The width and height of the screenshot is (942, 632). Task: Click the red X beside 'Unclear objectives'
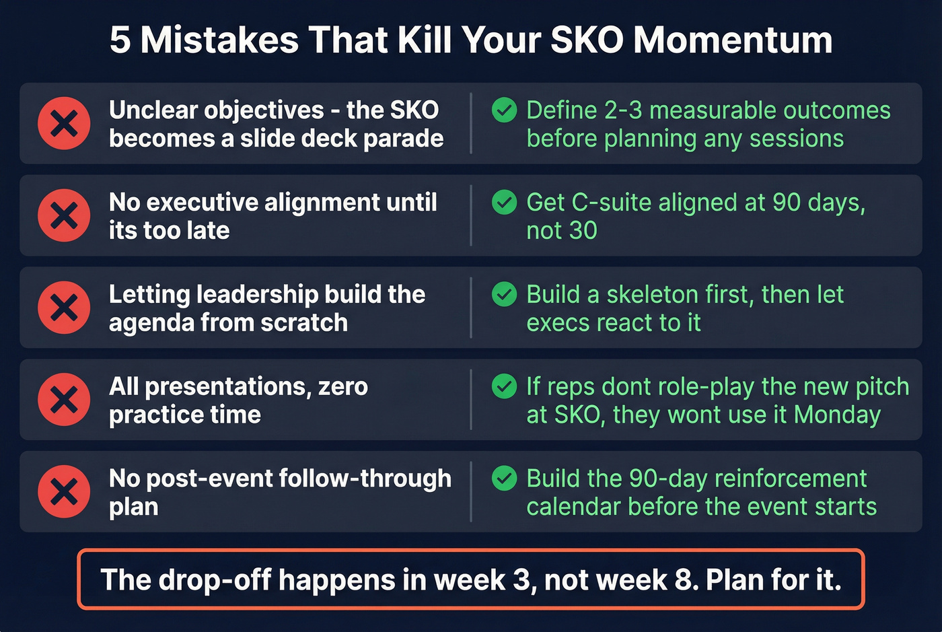(x=64, y=123)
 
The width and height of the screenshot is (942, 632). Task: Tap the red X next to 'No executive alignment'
(x=64, y=215)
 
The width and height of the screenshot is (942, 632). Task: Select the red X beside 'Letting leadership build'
(x=64, y=308)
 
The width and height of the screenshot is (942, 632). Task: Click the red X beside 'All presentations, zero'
(x=64, y=400)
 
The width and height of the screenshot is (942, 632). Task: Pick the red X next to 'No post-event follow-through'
(x=64, y=492)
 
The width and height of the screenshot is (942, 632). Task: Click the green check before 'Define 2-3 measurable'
(x=504, y=110)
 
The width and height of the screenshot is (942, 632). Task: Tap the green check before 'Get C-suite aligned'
(x=504, y=202)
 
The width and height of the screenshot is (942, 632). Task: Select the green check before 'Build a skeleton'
(x=504, y=294)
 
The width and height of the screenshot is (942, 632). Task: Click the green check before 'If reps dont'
(x=504, y=386)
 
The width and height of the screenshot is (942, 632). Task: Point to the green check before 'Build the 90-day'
(x=504, y=479)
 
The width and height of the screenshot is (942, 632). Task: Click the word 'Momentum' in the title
(x=733, y=40)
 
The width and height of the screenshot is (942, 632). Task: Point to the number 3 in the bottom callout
(x=522, y=580)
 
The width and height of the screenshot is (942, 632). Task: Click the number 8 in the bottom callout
(x=686, y=580)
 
